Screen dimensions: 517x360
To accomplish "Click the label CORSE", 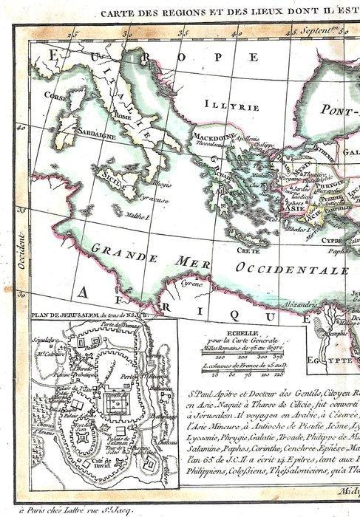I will [56, 96].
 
